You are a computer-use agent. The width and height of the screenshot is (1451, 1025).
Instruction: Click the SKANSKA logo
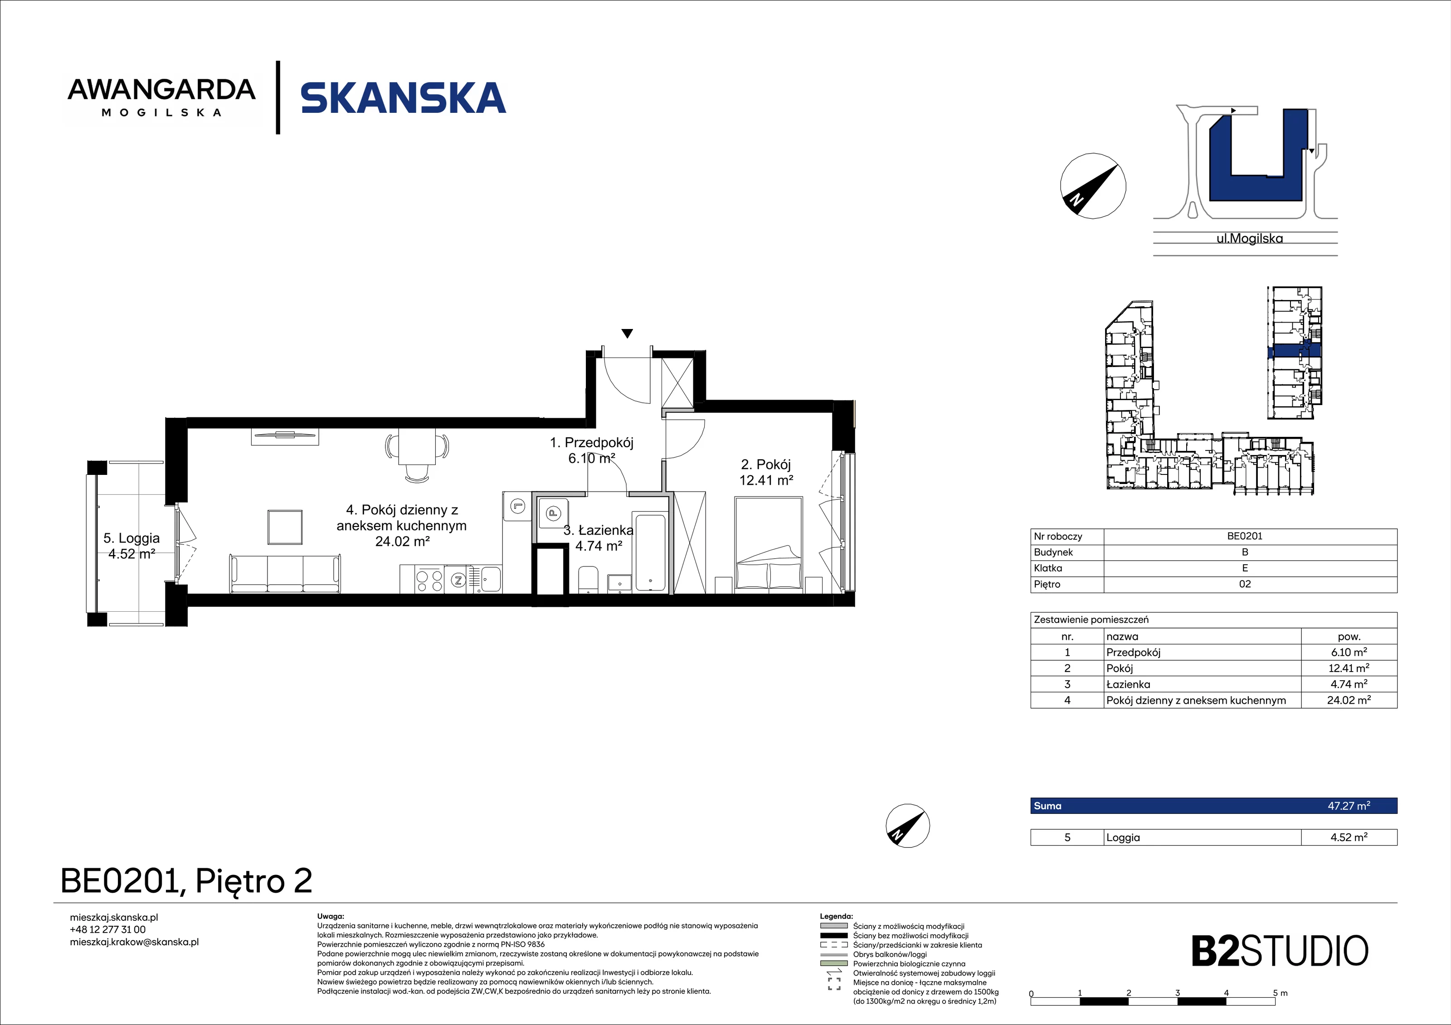[x=403, y=98]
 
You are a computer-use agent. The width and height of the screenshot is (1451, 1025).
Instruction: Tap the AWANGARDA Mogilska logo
[x=162, y=97]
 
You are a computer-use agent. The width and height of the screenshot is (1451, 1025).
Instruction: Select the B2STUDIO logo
[x=1280, y=951]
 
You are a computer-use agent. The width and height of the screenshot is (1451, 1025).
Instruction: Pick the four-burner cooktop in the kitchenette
[x=429, y=580]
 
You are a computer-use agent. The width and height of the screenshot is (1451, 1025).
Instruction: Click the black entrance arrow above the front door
[x=627, y=334]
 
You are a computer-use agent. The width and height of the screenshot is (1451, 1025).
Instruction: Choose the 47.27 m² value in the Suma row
[x=1349, y=805]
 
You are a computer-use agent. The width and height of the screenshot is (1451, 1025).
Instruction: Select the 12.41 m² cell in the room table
[x=1349, y=667]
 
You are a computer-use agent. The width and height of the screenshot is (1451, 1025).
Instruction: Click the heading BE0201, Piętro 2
[x=186, y=881]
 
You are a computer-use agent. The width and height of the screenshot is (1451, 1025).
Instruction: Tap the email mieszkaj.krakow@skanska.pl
[x=134, y=942]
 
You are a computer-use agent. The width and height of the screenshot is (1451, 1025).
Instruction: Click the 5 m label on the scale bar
[x=1280, y=993]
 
